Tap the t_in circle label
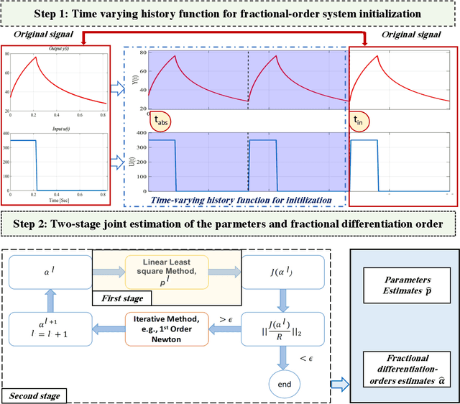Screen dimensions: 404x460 [359, 121]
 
